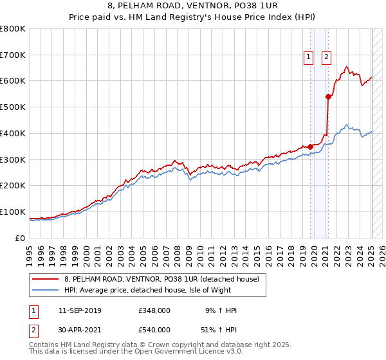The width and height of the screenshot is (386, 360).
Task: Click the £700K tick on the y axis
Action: (x=13, y=55)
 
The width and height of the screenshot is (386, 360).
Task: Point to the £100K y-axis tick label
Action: (x=13, y=212)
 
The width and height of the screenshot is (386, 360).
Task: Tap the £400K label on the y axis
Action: (x=13, y=133)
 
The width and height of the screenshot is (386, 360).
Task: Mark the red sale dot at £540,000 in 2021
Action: (x=328, y=97)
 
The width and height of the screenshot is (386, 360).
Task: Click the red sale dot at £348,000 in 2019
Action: (x=310, y=147)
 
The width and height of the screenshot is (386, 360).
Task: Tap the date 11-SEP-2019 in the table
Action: (x=80, y=310)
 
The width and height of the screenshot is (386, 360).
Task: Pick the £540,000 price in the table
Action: (x=154, y=330)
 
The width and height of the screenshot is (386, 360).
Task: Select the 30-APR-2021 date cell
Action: (x=80, y=330)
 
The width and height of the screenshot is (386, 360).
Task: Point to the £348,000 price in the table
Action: (x=154, y=310)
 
